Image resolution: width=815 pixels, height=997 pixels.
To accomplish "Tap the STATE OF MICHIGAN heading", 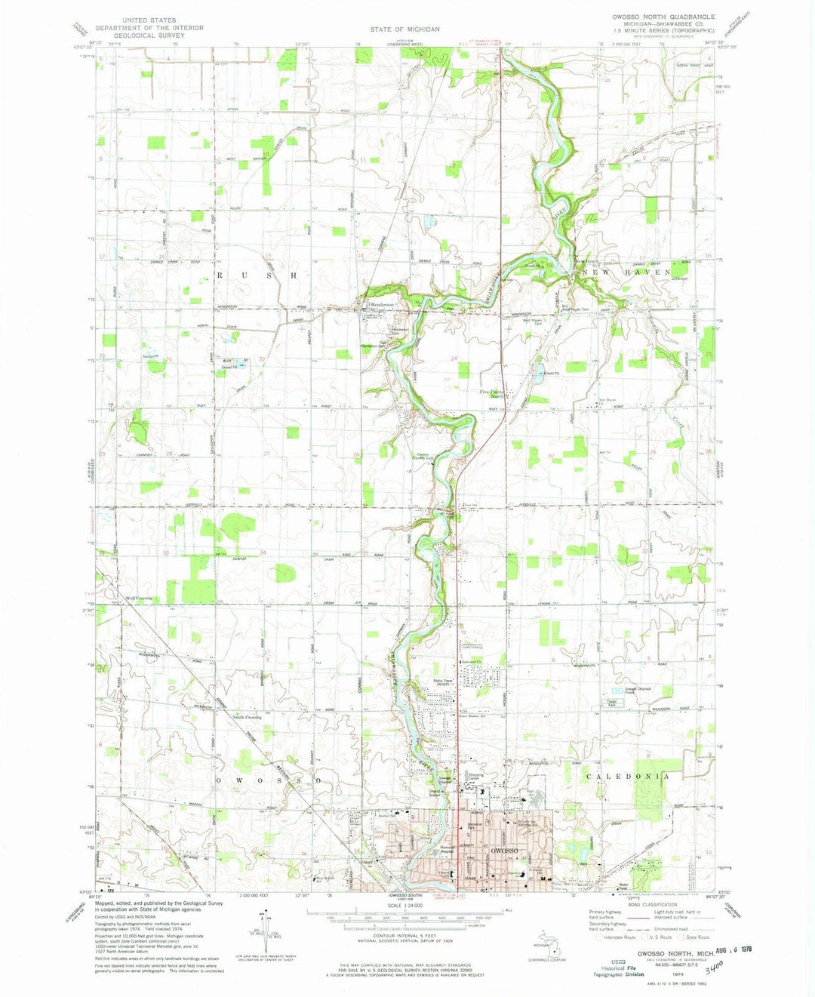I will tap(404, 29).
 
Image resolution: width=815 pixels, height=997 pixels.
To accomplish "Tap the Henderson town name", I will tap(382, 303).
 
